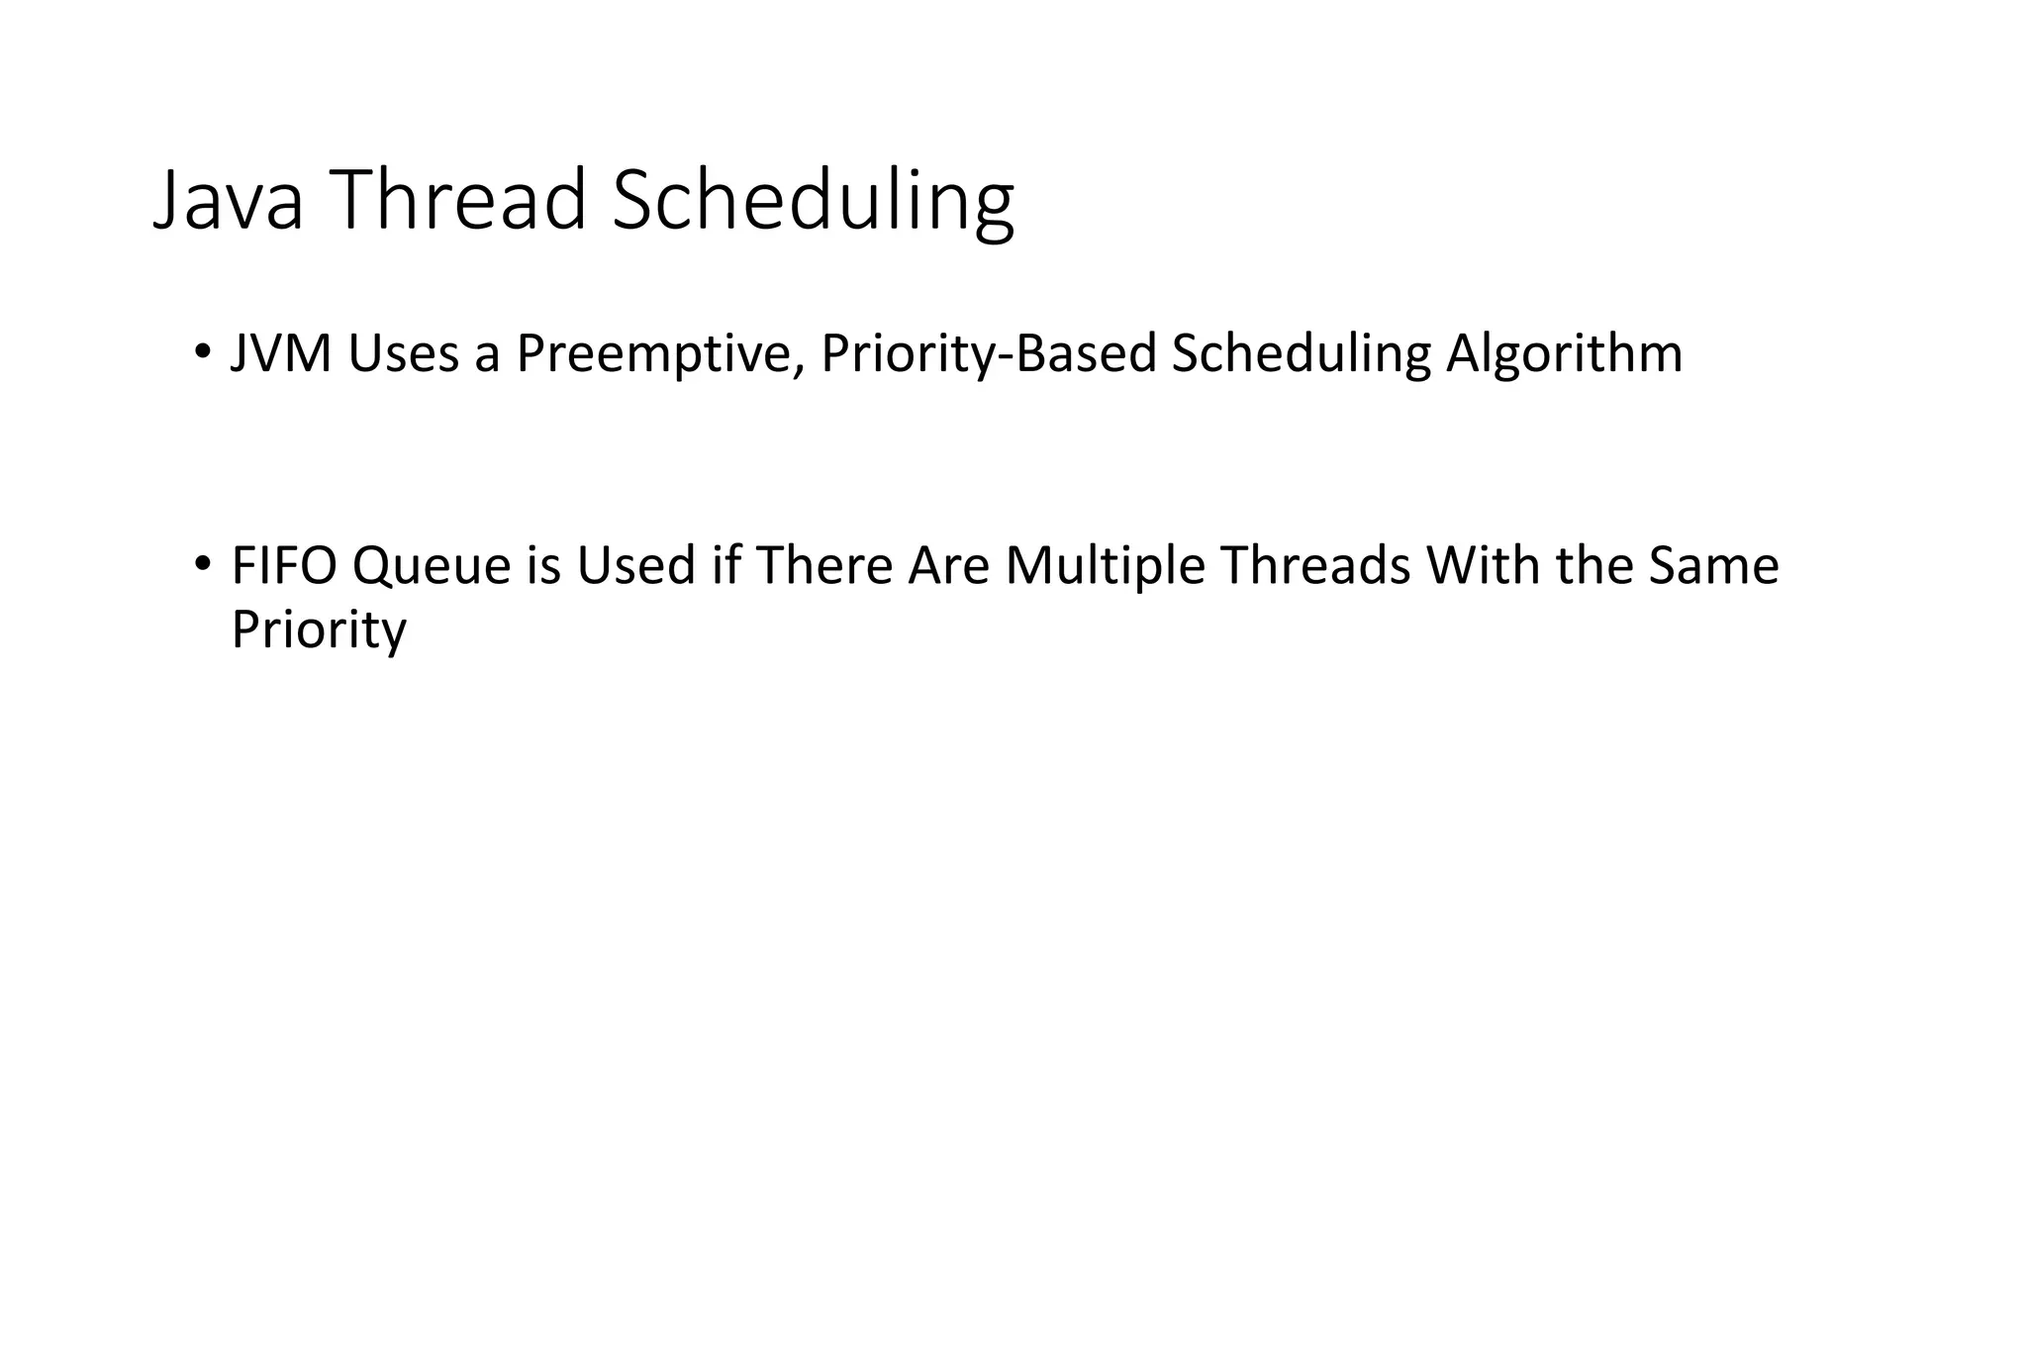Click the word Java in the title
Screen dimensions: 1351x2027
point(228,201)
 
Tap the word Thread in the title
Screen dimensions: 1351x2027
point(456,201)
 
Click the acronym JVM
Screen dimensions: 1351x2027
point(280,353)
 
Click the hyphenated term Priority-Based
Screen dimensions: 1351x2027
point(988,353)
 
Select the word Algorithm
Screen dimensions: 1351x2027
point(1564,353)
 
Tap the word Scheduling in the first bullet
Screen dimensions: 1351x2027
point(1301,353)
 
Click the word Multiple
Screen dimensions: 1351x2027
point(1105,566)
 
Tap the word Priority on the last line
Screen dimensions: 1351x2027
point(318,629)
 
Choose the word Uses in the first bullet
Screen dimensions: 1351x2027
point(403,353)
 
